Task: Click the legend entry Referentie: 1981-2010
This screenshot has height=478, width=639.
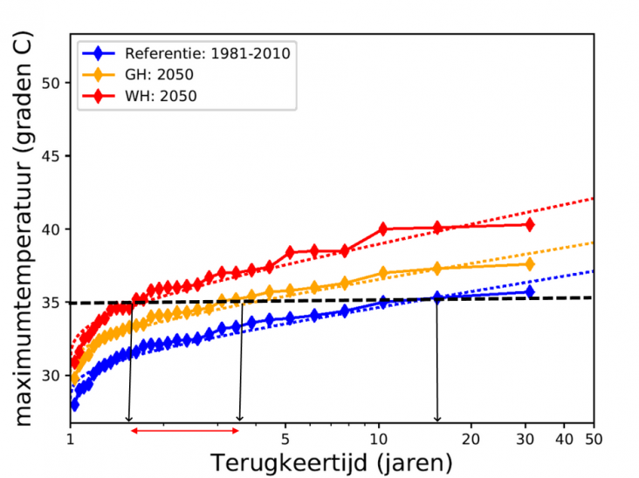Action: point(186,53)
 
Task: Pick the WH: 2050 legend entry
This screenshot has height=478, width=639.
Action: point(140,96)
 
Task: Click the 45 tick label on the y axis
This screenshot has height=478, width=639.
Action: point(51,156)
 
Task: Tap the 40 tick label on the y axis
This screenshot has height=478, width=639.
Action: point(51,229)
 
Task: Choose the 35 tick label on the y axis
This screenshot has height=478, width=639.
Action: point(51,303)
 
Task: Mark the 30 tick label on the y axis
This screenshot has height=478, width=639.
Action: point(51,375)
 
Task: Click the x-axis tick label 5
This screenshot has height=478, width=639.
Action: point(285,440)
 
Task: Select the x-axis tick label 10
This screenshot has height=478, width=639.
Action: point(379,440)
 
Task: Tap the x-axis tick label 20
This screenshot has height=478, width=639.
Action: point(471,440)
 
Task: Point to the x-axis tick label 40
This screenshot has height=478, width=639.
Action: point(565,440)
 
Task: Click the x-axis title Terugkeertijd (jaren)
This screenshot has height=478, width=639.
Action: point(332,463)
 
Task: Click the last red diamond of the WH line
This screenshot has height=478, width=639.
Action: point(530,224)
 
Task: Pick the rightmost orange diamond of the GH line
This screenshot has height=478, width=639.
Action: point(530,264)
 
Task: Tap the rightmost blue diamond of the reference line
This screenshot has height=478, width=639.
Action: point(530,291)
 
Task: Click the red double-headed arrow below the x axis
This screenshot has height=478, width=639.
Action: point(184,431)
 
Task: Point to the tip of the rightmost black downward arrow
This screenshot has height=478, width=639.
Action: point(437,422)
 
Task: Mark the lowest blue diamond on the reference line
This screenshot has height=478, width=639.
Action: point(74,405)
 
